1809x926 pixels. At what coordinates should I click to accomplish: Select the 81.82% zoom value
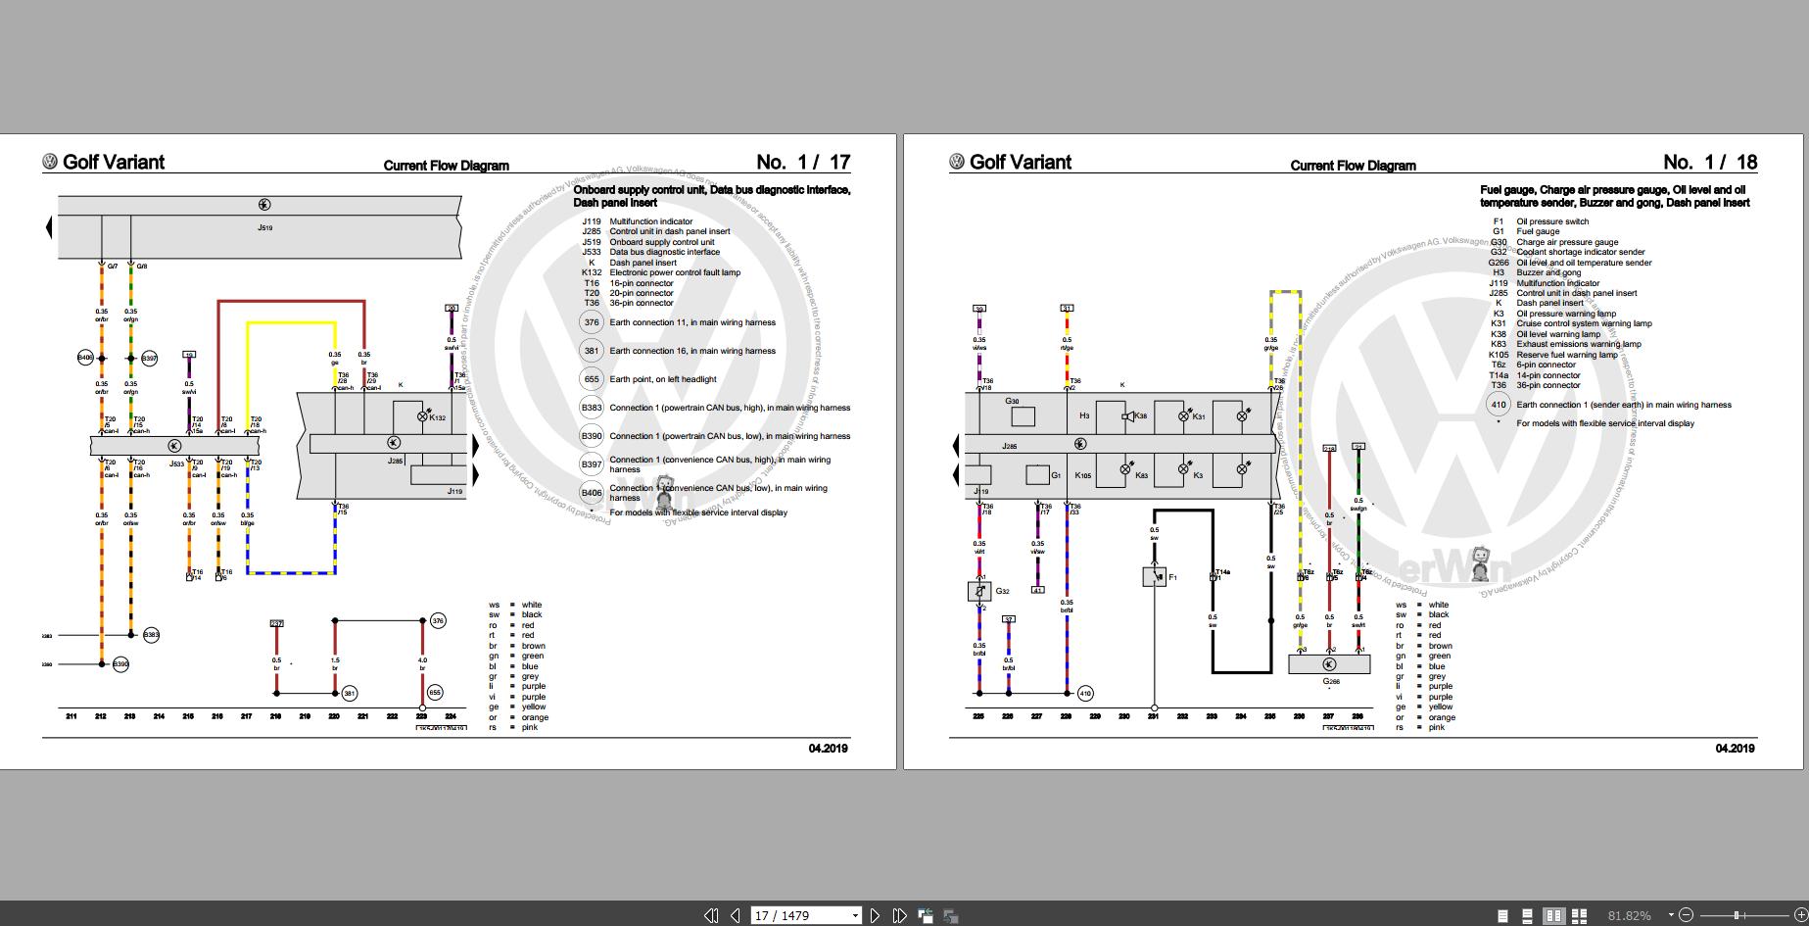click(x=1629, y=915)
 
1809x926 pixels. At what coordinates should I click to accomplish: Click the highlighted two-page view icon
click(x=1553, y=916)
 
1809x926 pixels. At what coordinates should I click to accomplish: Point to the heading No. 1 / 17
click(x=803, y=162)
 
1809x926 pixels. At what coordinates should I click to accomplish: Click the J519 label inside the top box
click(x=264, y=227)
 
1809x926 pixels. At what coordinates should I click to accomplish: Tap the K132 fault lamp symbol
click(x=423, y=416)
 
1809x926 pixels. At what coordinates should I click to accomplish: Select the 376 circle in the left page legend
click(x=591, y=322)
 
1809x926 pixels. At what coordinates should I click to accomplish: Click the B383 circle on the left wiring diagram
click(x=151, y=635)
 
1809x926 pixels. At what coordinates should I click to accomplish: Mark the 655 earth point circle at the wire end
click(x=435, y=693)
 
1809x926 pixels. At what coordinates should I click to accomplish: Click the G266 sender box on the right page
click(x=1329, y=664)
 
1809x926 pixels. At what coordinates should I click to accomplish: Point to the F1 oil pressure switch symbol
click(x=1154, y=576)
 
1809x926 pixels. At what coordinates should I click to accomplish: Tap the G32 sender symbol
click(x=978, y=591)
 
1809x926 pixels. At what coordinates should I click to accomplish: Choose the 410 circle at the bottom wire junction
click(x=1085, y=694)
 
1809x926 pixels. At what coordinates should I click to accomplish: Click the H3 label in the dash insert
click(x=1084, y=415)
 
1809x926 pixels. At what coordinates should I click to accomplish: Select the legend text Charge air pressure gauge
click(x=1567, y=242)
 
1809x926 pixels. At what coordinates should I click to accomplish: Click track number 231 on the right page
click(x=1153, y=716)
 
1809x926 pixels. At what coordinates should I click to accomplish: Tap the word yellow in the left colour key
click(x=534, y=707)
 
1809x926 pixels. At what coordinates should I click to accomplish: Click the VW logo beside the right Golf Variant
click(x=957, y=162)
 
